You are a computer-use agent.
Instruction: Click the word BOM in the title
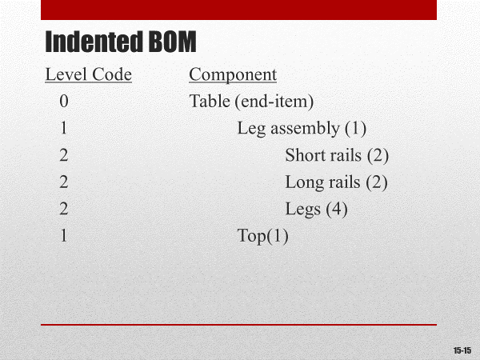pos(170,41)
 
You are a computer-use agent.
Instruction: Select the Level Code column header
pos(88,75)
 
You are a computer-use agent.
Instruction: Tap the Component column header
pos(233,75)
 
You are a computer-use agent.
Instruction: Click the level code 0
pos(63,102)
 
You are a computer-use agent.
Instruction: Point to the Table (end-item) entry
pos(251,102)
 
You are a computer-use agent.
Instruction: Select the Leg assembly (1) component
pos(302,129)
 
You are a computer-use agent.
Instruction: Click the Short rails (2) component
pos(336,155)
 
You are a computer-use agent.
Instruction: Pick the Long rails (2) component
pos(336,182)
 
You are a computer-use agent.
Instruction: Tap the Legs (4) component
pos(316,210)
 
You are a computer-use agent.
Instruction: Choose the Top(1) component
pos(262,236)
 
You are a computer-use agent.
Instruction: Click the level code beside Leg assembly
pos(63,129)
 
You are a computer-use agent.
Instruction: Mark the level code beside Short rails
pos(63,155)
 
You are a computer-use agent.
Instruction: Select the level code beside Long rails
pos(63,182)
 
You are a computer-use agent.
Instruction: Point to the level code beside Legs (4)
pos(63,210)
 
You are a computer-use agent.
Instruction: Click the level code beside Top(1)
pos(63,236)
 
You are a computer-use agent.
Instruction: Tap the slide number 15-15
pos(462,350)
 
